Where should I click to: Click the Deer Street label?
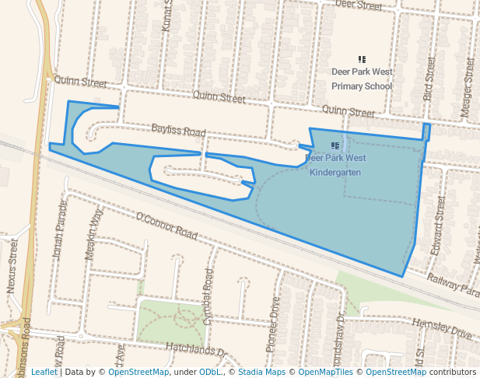359,5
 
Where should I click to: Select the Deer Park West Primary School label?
362,79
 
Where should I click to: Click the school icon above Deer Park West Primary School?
362,59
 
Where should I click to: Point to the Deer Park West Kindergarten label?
335,165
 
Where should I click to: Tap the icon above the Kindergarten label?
335,145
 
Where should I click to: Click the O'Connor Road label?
166,224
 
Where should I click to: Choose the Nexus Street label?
12,266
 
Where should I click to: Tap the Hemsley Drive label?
443,328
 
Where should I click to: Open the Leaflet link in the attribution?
44,372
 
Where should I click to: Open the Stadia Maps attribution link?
261,372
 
